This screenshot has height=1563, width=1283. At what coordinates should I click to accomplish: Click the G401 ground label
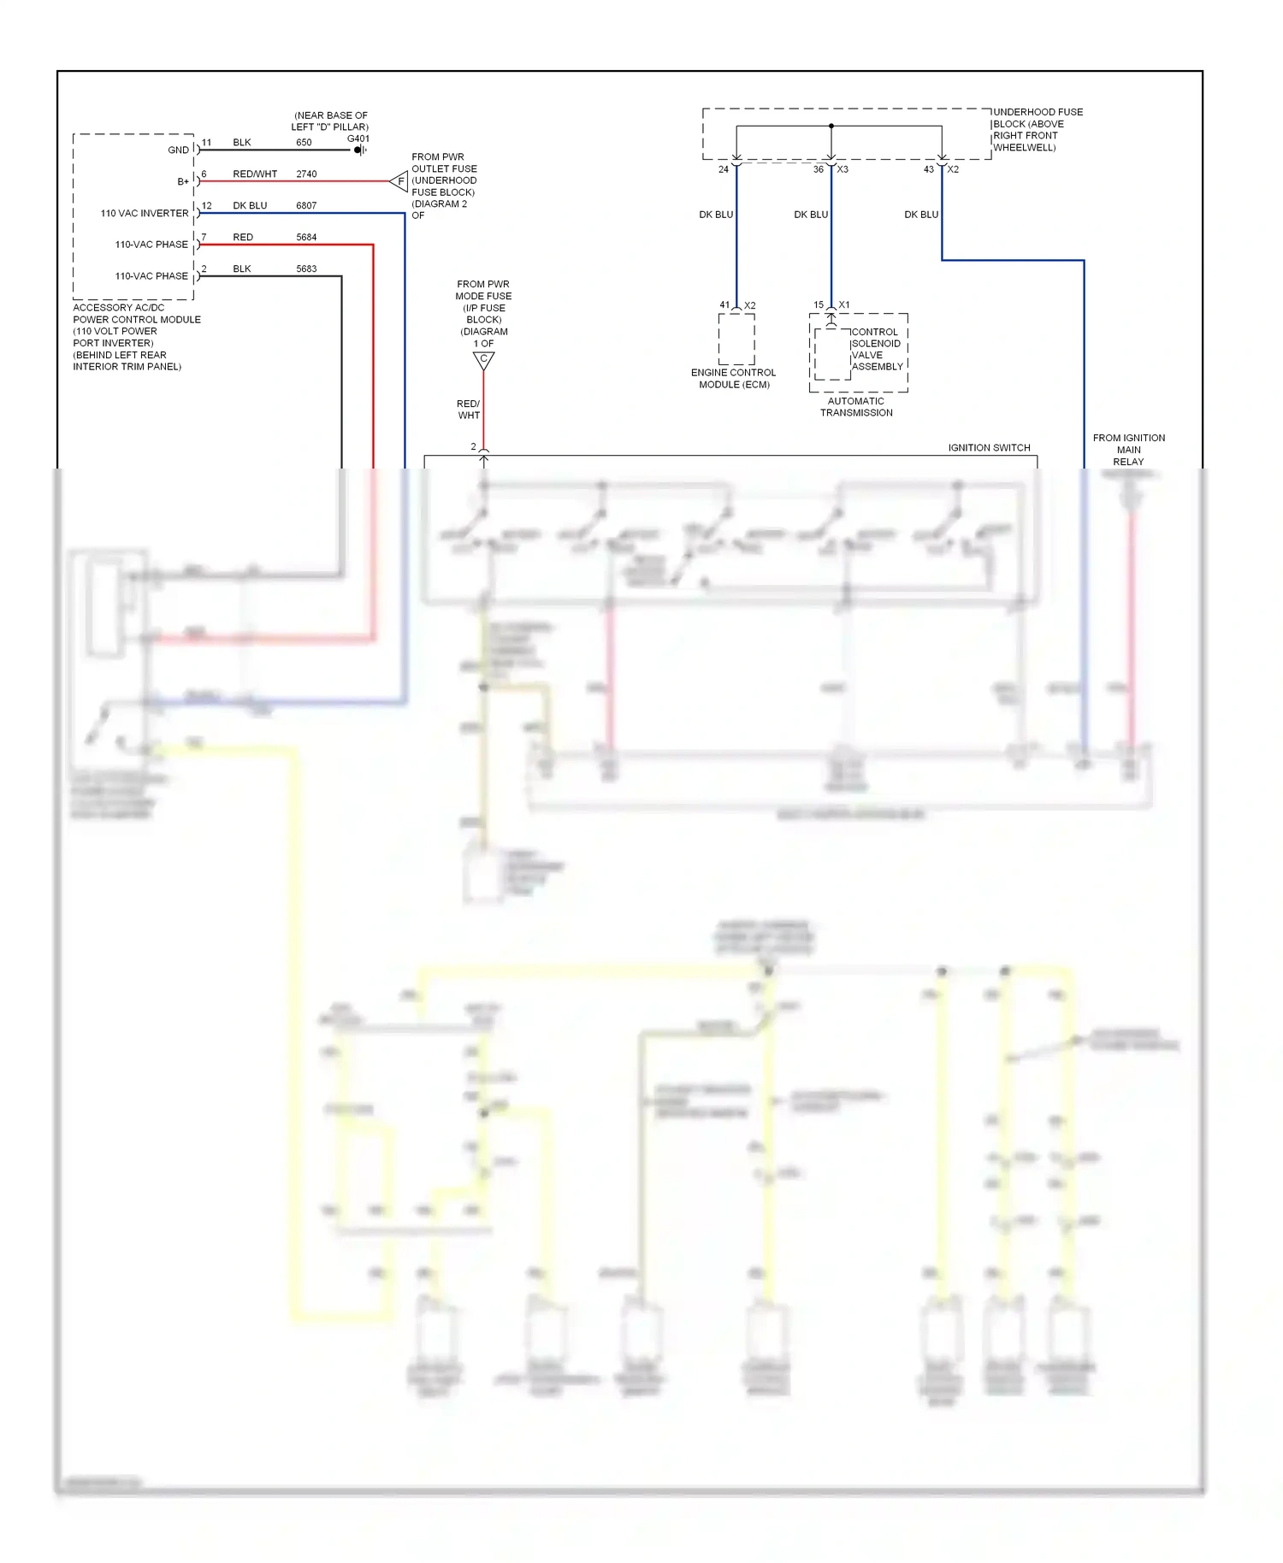click(358, 139)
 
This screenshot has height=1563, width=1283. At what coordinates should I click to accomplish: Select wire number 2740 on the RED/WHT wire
click(306, 174)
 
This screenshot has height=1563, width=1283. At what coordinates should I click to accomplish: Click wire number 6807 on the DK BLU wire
click(306, 206)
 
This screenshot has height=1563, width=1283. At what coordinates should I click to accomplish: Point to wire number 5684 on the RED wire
click(306, 238)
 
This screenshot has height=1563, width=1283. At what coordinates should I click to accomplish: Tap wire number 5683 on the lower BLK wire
click(306, 269)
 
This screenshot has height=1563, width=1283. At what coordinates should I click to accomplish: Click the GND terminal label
click(178, 150)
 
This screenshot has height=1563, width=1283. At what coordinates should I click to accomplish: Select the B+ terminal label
click(183, 182)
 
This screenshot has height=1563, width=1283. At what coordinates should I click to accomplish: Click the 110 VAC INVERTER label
click(145, 214)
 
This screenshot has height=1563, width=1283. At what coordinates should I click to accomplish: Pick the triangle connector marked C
click(483, 360)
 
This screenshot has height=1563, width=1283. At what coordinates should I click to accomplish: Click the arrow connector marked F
click(399, 181)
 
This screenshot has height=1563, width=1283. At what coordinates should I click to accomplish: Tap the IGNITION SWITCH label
click(989, 448)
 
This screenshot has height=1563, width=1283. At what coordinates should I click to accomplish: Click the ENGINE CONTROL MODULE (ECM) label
click(734, 379)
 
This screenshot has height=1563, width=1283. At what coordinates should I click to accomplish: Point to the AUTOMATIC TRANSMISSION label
click(856, 407)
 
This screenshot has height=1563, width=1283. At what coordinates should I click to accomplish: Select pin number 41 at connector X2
click(724, 305)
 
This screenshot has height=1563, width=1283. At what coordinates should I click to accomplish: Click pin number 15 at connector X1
click(819, 305)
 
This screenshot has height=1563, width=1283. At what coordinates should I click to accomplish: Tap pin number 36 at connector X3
click(818, 169)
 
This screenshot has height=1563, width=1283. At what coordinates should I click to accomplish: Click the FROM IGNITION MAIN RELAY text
click(1128, 450)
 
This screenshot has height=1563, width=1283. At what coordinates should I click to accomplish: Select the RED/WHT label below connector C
click(468, 410)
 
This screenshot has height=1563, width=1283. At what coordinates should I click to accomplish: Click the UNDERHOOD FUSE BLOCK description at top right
click(1037, 130)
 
